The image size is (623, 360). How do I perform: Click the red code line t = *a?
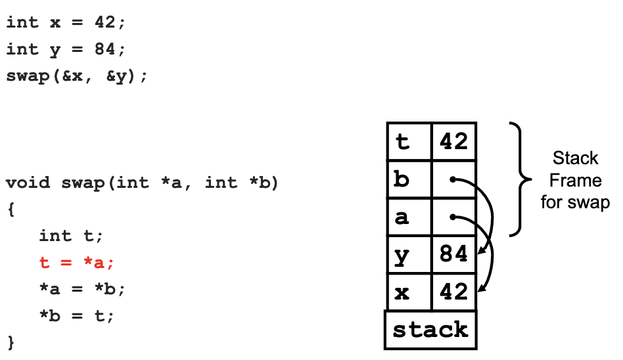point(77,263)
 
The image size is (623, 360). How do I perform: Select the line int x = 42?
point(65,22)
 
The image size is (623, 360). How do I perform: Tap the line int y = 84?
point(65,49)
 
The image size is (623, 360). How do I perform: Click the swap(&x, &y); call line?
point(77,76)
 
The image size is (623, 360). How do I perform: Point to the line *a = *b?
point(82,290)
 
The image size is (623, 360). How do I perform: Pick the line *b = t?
point(77,316)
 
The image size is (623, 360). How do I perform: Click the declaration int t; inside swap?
point(71,236)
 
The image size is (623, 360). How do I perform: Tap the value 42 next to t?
point(453,141)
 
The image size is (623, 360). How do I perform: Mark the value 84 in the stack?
point(453,254)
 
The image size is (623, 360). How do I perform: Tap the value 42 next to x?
point(453,292)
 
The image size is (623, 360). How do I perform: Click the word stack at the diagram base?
point(430,330)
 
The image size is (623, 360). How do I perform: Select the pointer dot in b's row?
point(452,179)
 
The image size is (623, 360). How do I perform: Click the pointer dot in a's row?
point(452,216)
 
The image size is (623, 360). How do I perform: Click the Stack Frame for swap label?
point(575,180)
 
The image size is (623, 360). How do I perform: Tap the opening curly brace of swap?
point(11,210)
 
